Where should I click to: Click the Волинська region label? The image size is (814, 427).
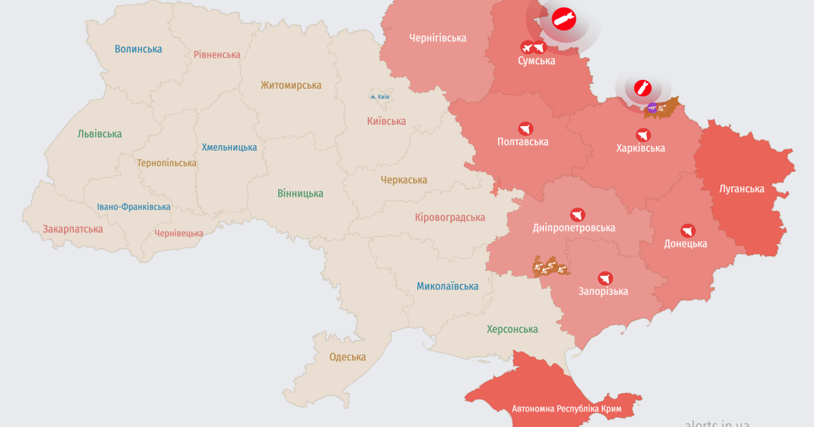coord(138,49)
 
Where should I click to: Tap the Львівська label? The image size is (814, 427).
coord(100,134)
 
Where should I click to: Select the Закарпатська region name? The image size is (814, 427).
coord(73,228)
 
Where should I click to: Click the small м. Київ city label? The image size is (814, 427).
coord(379,97)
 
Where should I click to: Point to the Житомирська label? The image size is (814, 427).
coord(291,85)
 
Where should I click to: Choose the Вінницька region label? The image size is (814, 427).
coord(300,193)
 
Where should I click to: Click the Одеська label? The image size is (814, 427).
coord(347,357)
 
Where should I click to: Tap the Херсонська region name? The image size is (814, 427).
coord(512,329)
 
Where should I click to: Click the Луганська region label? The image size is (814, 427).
coord(741,188)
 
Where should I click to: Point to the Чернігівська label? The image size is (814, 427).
coord(438,38)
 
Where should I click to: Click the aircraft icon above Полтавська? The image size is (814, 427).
coord(526,128)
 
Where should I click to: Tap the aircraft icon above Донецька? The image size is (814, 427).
coord(689,230)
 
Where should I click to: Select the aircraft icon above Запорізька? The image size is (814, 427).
coord(605,278)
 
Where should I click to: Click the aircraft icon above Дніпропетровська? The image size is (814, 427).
coord(577,214)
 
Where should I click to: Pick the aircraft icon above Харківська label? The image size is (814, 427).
coord(642,135)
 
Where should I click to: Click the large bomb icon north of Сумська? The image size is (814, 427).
coord(563,20)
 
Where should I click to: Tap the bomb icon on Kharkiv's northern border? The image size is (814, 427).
coord(642,87)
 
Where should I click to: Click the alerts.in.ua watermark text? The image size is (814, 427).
coord(716,422)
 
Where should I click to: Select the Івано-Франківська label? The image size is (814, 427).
coord(134,207)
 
